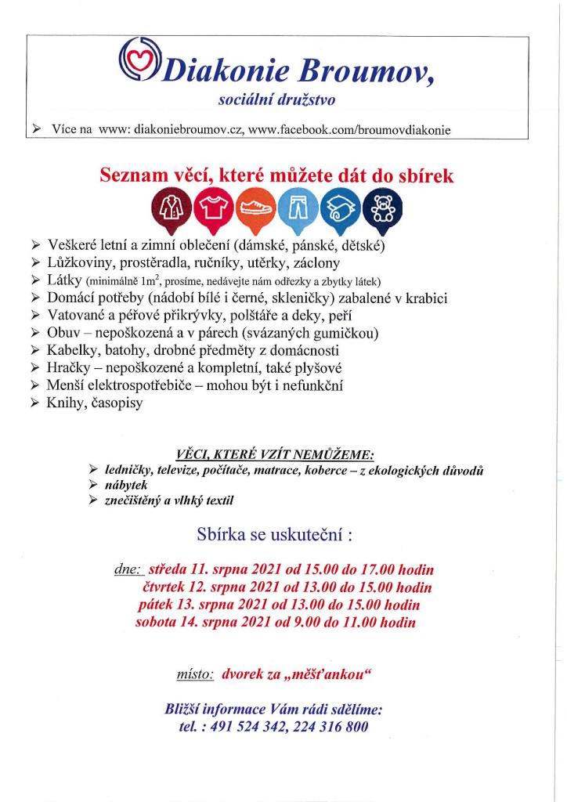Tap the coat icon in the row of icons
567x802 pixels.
point(176,208)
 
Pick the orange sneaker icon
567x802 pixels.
point(255,208)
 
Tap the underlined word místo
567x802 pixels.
point(195,673)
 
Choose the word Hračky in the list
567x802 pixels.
point(72,367)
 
